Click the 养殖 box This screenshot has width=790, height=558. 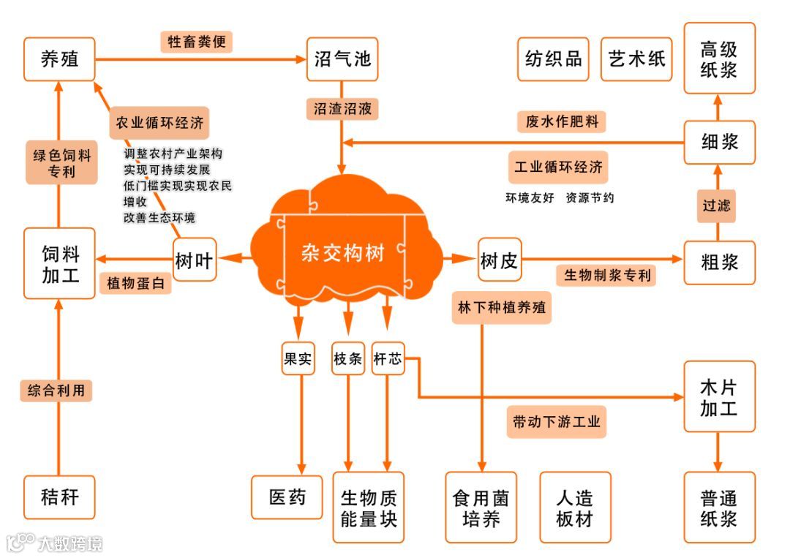[x=60, y=59]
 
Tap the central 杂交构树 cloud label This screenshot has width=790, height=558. [x=343, y=253]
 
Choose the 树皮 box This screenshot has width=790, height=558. [x=500, y=260]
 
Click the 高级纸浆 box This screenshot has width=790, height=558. [x=719, y=59]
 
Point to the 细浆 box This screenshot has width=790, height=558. [x=719, y=142]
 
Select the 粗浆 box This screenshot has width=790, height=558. [x=719, y=262]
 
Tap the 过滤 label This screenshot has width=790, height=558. [x=717, y=206]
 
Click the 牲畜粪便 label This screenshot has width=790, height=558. [x=197, y=41]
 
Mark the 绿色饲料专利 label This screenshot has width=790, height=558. [x=61, y=163]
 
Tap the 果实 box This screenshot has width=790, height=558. [x=298, y=359]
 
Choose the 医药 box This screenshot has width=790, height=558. [x=287, y=498]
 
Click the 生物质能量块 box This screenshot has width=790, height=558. [x=369, y=507]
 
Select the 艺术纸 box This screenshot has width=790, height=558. [x=637, y=59]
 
